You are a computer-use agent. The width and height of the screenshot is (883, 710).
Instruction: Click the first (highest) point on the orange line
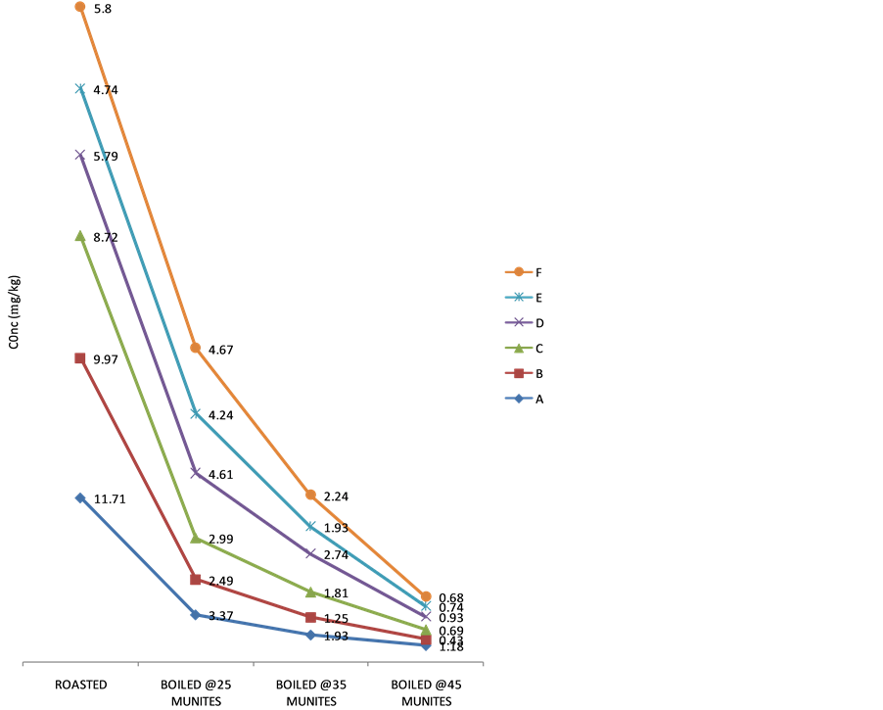pyautogui.click(x=80, y=7)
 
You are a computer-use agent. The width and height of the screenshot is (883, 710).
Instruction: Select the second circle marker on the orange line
pyautogui.click(x=196, y=348)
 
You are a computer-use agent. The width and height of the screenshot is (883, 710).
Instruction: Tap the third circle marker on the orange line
pyautogui.click(x=310, y=496)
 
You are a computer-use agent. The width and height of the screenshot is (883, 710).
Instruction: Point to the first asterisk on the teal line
pyautogui.click(x=80, y=89)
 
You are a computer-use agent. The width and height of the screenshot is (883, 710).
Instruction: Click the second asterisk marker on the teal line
pyautogui.click(x=196, y=413)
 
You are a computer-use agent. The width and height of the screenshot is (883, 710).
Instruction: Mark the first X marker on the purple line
pyautogui.click(x=80, y=155)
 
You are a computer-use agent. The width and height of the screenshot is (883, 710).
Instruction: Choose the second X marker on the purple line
pyautogui.click(x=196, y=473)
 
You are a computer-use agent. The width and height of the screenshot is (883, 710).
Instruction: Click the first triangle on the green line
pyautogui.click(x=80, y=236)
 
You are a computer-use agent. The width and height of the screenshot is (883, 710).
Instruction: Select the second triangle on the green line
pyautogui.click(x=196, y=538)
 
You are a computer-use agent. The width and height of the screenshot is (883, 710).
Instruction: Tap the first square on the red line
pyautogui.click(x=80, y=358)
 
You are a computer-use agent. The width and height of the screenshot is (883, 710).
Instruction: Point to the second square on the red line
pyautogui.click(x=196, y=580)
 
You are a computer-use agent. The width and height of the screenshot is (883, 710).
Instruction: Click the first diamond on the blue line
pyautogui.click(x=80, y=498)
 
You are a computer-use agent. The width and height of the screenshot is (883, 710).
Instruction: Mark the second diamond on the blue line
pyautogui.click(x=196, y=615)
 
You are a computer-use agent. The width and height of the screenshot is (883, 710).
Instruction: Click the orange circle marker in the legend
pyautogui.click(x=519, y=272)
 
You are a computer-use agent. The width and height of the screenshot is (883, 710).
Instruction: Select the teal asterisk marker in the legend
pyautogui.click(x=519, y=298)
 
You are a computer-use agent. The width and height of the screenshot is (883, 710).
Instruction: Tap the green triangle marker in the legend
pyautogui.click(x=519, y=348)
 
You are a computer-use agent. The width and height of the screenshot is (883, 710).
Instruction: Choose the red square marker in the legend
pyautogui.click(x=519, y=373)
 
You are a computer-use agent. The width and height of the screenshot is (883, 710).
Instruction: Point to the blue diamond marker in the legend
pyautogui.click(x=519, y=399)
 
